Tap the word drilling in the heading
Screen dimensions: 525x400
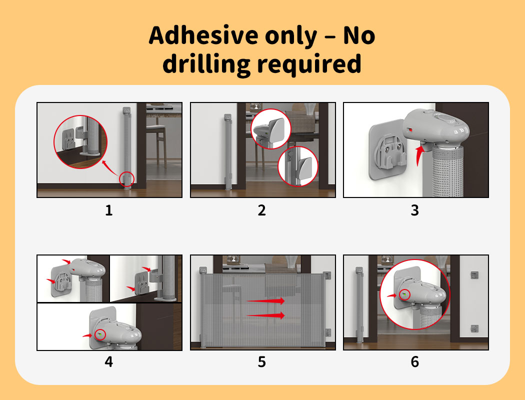pyautogui.click(x=206, y=63)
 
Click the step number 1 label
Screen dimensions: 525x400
pyautogui.click(x=109, y=210)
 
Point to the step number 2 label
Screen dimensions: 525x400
pyautogui.click(x=262, y=210)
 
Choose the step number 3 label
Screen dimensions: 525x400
pyautogui.click(x=415, y=210)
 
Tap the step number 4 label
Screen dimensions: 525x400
pyautogui.click(x=109, y=362)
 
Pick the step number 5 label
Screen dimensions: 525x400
pyautogui.click(x=262, y=362)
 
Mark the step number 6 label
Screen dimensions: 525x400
pyautogui.click(x=415, y=362)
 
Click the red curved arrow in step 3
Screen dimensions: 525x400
pyautogui.click(x=418, y=155)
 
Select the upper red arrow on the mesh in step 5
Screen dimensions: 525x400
pyautogui.click(x=266, y=301)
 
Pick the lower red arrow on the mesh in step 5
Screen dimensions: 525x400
pyautogui.click(x=266, y=315)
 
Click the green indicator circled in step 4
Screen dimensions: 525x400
pyautogui.click(x=99, y=334)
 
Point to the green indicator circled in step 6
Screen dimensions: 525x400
pyautogui.click(x=404, y=294)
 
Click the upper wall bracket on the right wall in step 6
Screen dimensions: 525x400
pyautogui.click(x=474, y=275)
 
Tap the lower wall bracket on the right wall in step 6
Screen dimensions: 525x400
pyautogui.click(x=474, y=328)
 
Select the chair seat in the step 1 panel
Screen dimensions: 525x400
pyautogui.click(x=156, y=127)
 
